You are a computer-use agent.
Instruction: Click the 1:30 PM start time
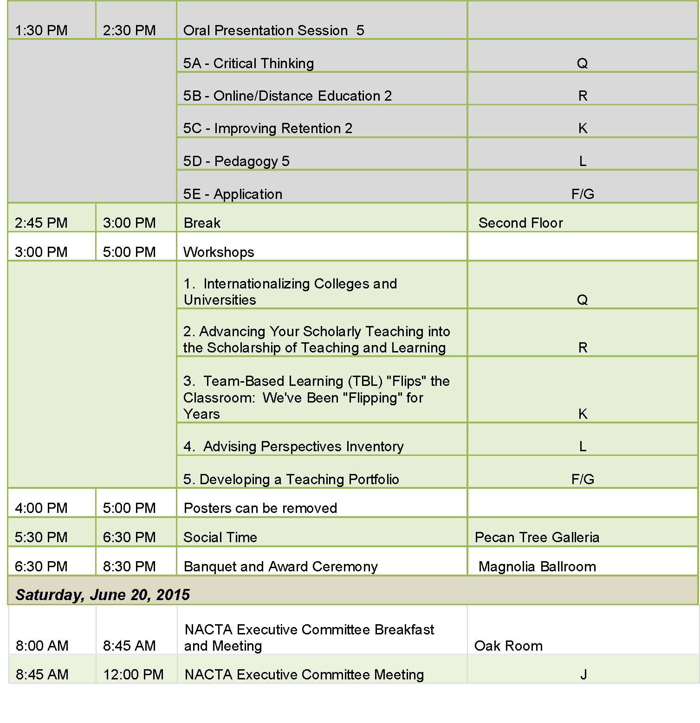pos(41,31)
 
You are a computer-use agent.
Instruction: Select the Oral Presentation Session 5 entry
pos(273,31)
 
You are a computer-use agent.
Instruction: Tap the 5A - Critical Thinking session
pos(248,64)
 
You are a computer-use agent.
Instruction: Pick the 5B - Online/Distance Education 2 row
pos(287,96)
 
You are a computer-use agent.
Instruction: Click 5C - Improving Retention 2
pos(268,128)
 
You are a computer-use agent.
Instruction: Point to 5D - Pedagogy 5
pos(236,161)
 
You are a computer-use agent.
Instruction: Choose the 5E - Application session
pos(233,194)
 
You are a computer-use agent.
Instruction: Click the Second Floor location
pos(520,223)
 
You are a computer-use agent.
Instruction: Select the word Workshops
pos(219,252)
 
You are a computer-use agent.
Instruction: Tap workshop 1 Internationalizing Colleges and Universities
pos(290,292)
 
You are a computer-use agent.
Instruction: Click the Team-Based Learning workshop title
pos(316,397)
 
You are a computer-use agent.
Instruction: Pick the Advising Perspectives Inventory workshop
pos(293,447)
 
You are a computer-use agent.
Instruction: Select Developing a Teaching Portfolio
pos(291,480)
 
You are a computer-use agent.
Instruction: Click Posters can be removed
pos(260,508)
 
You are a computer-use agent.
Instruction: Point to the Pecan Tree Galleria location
pos(537,537)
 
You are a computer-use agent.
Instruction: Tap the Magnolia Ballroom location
pos(537,567)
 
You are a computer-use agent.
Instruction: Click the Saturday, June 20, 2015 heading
pos(103,595)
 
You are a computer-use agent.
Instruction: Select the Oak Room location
pos(508,646)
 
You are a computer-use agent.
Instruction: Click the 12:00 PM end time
pos(133,675)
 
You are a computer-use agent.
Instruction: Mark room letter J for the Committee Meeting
pos(583,675)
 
